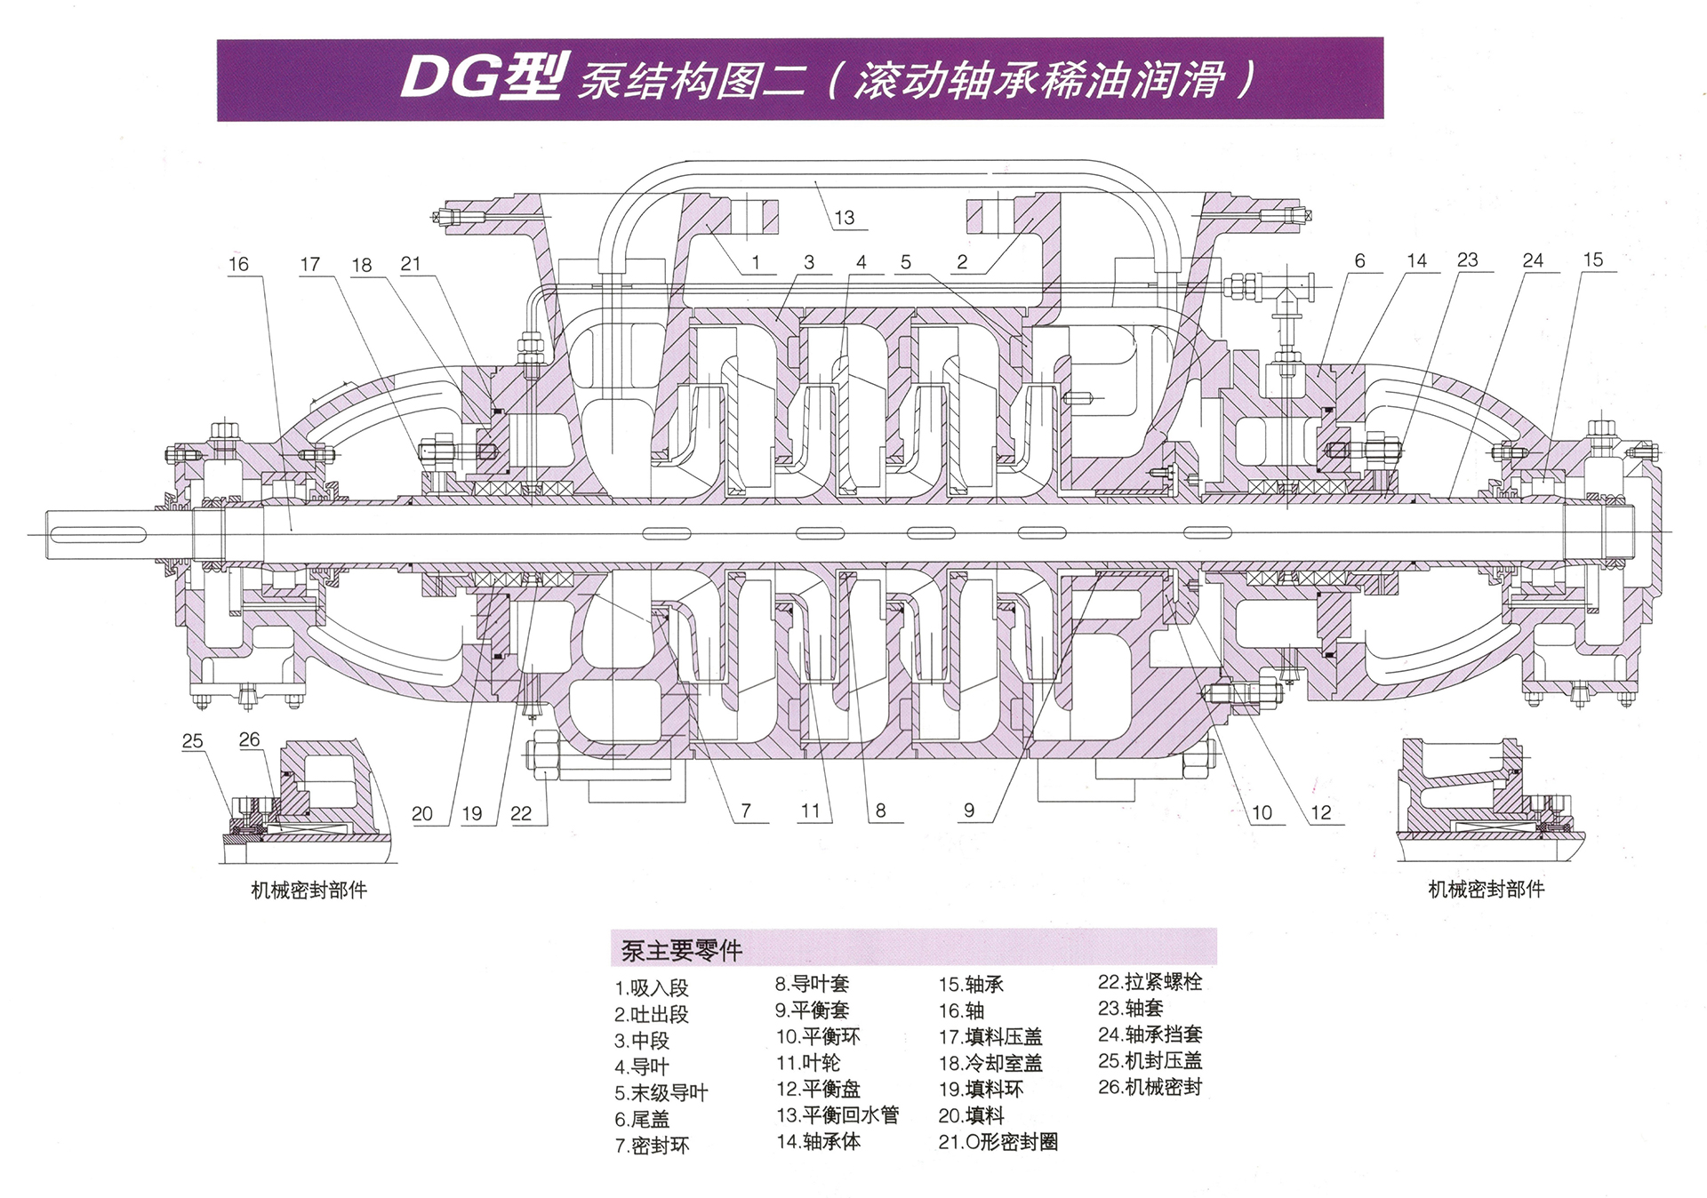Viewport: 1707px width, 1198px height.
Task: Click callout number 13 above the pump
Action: click(844, 218)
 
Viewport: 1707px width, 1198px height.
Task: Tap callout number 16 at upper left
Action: click(238, 264)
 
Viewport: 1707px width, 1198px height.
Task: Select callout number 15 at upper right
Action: click(1592, 260)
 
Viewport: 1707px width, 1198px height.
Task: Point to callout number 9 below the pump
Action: click(969, 811)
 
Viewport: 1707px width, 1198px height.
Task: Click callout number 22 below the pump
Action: click(521, 813)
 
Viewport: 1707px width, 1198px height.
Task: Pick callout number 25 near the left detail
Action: click(193, 741)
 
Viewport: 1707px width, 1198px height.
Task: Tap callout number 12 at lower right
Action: click(1321, 812)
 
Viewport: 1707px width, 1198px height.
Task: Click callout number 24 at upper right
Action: click(1533, 260)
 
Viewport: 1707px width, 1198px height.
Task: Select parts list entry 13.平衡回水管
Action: click(837, 1115)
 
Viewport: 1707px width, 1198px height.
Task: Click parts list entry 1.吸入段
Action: click(652, 988)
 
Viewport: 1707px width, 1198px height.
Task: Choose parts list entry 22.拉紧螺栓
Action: click(1150, 982)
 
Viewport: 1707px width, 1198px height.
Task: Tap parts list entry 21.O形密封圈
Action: click(998, 1142)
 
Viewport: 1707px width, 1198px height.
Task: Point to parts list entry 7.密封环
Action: click(652, 1146)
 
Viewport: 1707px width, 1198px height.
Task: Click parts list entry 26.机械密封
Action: click(1150, 1087)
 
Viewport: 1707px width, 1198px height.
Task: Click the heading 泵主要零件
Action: click(681, 951)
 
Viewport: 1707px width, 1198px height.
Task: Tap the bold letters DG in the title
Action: click(450, 78)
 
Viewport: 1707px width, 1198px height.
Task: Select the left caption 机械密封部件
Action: click(309, 891)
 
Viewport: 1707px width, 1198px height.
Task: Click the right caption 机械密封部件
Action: click(1486, 890)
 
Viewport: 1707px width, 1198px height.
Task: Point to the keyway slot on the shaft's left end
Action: click(99, 534)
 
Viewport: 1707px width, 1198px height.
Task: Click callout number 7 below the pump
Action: click(746, 811)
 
